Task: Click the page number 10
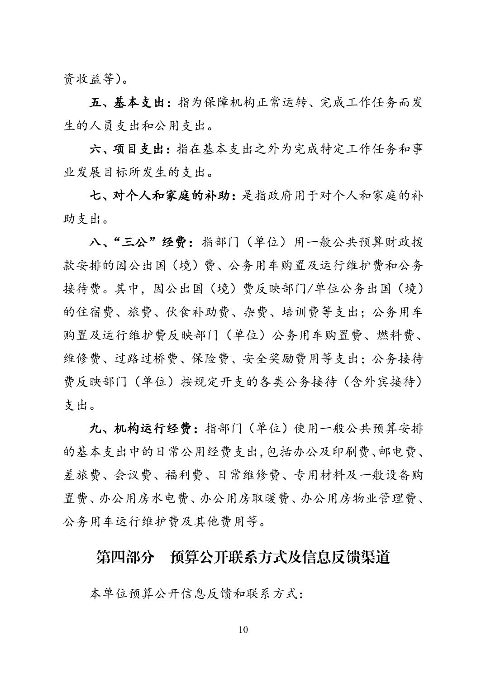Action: tap(243, 630)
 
